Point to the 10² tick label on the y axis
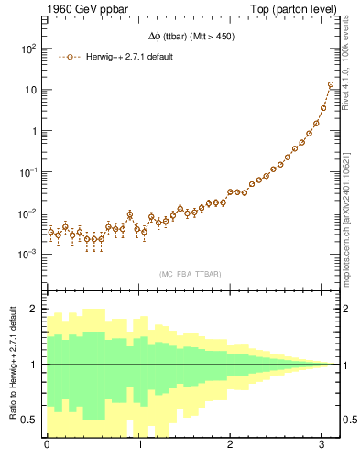click(x=27, y=49)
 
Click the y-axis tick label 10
click(x=31, y=90)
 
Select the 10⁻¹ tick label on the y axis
click(x=27, y=171)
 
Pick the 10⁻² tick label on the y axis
click(x=27, y=213)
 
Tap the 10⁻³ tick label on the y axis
click(x=27, y=254)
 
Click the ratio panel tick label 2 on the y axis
click(x=35, y=309)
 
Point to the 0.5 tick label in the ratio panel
click(x=29, y=420)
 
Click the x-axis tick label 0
click(x=47, y=446)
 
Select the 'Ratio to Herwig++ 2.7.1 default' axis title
click(x=11, y=365)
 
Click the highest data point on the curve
click(x=331, y=85)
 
